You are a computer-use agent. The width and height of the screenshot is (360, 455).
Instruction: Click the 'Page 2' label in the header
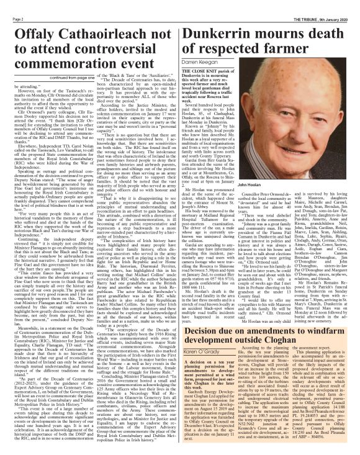pyautogui.click(x=11, y=4)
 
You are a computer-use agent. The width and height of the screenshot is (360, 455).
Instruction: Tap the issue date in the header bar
pyautogui.click(x=335, y=4)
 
